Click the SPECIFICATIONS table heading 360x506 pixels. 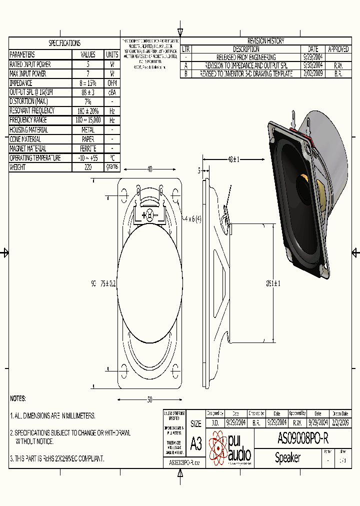[64, 43]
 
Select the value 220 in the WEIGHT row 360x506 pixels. [88, 167]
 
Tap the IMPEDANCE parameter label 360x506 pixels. [21, 83]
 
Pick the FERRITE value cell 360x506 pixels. [88, 148]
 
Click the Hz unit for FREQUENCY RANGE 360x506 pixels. [112, 120]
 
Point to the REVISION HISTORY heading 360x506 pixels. [265, 41]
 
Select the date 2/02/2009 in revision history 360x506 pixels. [313, 73]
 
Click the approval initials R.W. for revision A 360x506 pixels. [338, 65]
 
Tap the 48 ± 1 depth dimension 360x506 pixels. [233, 159]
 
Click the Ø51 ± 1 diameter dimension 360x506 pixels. [273, 283]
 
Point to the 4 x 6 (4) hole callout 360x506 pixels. [192, 218]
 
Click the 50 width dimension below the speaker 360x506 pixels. [149, 399]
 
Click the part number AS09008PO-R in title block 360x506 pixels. [302, 438]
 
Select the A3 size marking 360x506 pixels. [196, 443]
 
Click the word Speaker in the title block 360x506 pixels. [288, 457]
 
